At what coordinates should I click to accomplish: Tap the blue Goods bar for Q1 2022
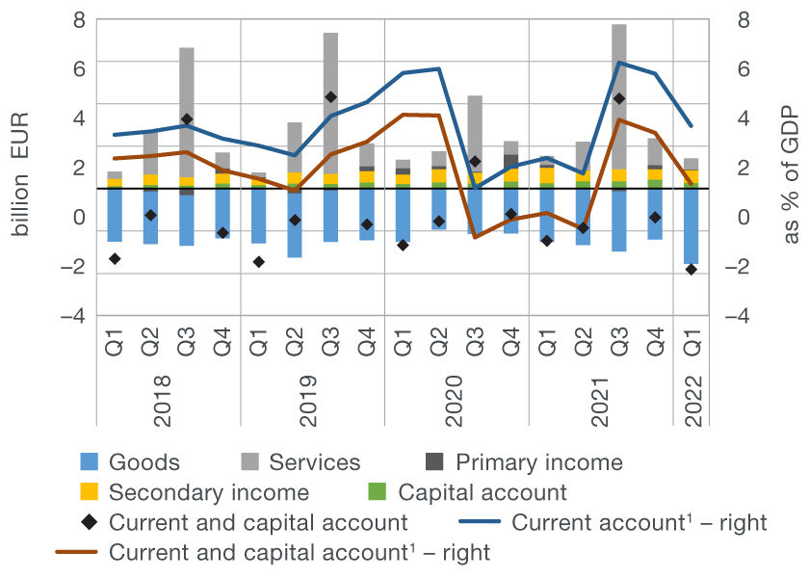(x=691, y=225)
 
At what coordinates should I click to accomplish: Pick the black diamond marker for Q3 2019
(x=330, y=97)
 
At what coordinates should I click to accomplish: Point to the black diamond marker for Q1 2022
(x=691, y=269)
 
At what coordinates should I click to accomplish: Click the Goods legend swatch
(x=89, y=462)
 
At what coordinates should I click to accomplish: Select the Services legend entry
(x=315, y=462)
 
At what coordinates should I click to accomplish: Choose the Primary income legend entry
(x=538, y=462)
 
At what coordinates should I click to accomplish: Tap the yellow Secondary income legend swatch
(x=89, y=492)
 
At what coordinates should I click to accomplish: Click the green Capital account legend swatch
(x=378, y=492)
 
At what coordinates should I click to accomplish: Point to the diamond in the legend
(x=89, y=523)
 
